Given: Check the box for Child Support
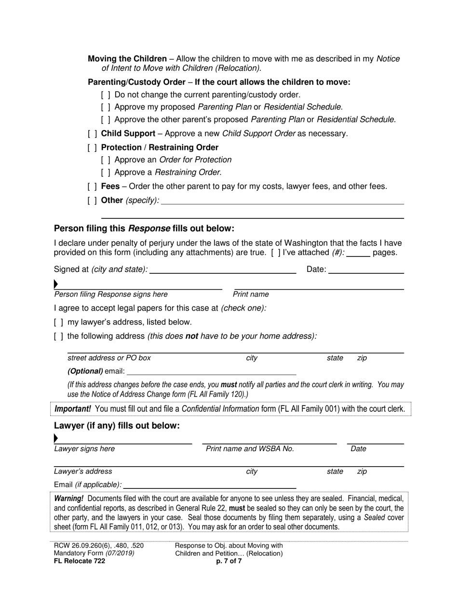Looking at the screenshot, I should click(92, 134).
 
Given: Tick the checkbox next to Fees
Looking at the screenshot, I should click(92, 187).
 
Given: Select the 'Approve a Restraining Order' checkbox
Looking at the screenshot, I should click(106, 173).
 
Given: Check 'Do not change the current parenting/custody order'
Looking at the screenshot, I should click(106, 95).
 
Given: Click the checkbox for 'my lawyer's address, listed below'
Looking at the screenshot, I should click(58, 322).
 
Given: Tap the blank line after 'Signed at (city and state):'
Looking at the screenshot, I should click(223, 270).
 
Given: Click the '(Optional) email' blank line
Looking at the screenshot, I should click(211, 371).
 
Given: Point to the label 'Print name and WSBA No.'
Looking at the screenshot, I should click(250, 449).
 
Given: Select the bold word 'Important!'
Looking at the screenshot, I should click(73, 409).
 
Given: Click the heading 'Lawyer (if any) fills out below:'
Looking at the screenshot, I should click(117, 426).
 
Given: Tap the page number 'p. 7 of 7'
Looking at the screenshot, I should click(229, 561).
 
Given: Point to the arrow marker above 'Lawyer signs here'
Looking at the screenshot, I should click(56, 438).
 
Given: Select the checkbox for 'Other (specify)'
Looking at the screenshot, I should click(92, 201).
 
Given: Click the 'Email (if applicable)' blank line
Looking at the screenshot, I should click(209, 485).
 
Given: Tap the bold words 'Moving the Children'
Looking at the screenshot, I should click(127, 59).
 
